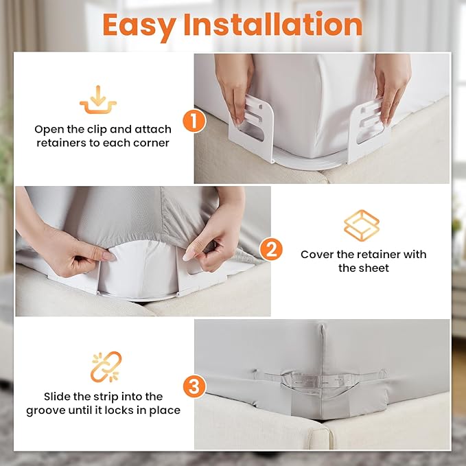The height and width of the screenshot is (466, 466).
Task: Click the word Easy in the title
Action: [139, 25]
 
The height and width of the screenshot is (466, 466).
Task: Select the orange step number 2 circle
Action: [271, 249]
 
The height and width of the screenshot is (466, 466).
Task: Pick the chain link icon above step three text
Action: [106, 367]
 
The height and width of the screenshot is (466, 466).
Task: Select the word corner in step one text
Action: [152, 143]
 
